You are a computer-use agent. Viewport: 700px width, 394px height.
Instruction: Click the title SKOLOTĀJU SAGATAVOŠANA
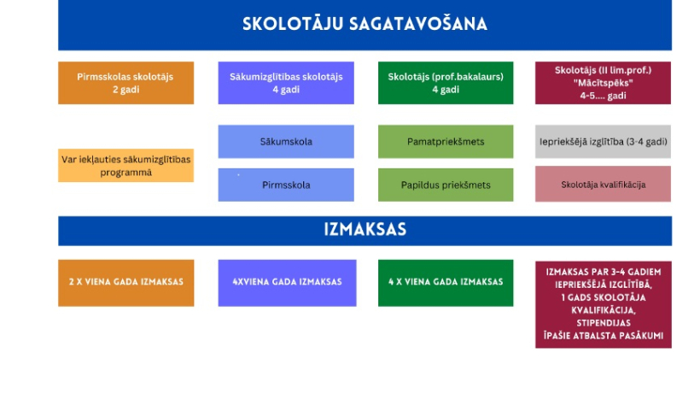pyautogui.click(x=365, y=24)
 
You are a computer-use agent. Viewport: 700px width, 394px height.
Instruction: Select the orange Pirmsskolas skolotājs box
pyautogui.click(x=125, y=83)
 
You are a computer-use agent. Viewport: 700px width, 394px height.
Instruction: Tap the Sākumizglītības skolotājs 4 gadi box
pyautogui.click(x=286, y=83)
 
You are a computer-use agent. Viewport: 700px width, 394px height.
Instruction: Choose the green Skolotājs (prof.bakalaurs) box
pyautogui.click(x=446, y=83)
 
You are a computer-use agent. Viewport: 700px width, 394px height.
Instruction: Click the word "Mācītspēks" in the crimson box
pyautogui.click(x=604, y=83)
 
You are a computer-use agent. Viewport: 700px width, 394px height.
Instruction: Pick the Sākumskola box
pyautogui.click(x=286, y=142)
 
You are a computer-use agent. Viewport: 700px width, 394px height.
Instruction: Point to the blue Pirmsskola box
pyautogui.click(x=286, y=185)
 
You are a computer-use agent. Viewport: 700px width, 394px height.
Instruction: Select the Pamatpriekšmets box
pyautogui.click(x=446, y=142)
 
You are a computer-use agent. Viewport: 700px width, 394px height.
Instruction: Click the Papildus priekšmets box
pyautogui.click(x=446, y=185)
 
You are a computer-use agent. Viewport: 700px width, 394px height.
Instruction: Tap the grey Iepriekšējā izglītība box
pyautogui.click(x=604, y=142)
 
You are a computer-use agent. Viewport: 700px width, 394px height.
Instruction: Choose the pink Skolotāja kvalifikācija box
pyautogui.click(x=604, y=184)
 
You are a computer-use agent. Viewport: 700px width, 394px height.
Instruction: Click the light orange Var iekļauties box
pyautogui.click(x=125, y=165)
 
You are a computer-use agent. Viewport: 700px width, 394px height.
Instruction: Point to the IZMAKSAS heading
pyautogui.click(x=365, y=230)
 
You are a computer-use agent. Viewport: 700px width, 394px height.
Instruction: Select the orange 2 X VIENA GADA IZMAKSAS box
pyautogui.click(x=125, y=283)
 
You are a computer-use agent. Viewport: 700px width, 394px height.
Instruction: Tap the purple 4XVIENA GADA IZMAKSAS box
pyautogui.click(x=287, y=283)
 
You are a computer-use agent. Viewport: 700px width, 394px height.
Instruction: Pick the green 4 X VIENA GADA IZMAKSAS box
pyautogui.click(x=446, y=283)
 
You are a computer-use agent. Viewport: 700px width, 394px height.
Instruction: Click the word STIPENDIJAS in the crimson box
pyautogui.click(x=604, y=323)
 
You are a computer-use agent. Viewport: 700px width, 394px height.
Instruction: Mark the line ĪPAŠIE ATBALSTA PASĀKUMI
pyautogui.click(x=604, y=336)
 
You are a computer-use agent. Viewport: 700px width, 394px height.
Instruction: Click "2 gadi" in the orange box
pyautogui.click(x=125, y=90)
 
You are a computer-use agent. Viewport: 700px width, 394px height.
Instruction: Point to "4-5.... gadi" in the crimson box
pyautogui.click(x=604, y=96)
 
